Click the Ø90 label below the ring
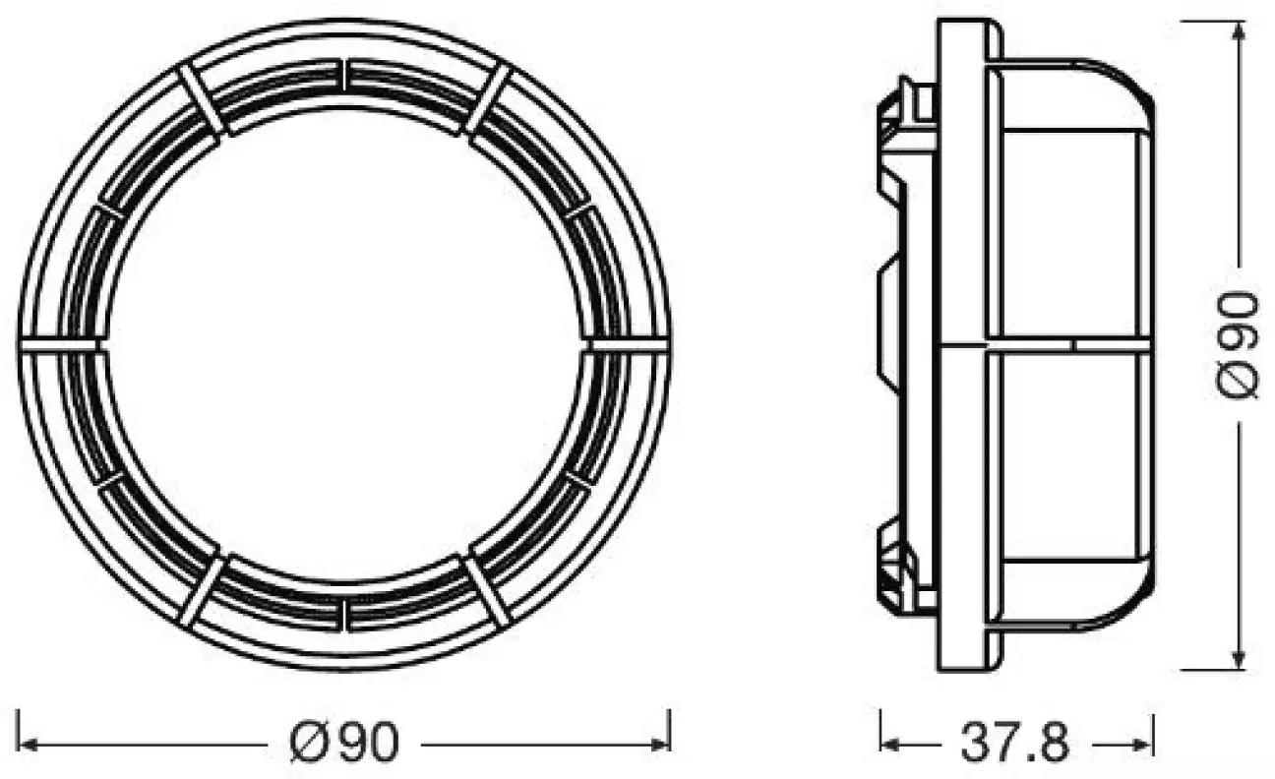pos(345,744)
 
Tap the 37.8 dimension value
pos(1014,744)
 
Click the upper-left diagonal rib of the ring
pos(204,99)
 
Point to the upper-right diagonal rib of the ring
pos(487,99)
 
